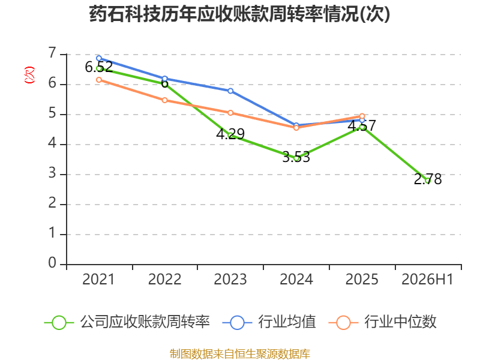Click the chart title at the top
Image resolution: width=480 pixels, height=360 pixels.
[x=239, y=14]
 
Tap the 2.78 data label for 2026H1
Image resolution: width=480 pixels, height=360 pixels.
[x=428, y=179]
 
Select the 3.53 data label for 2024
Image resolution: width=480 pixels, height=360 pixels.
[x=296, y=157]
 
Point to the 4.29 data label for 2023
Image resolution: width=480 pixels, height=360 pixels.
[x=230, y=134]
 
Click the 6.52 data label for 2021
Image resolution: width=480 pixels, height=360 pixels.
[x=99, y=67]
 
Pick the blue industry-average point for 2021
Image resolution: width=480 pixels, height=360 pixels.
[x=99, y=58]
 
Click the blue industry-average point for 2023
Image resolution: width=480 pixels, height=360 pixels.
[x=230, y=91]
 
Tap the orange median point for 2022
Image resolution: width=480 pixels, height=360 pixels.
[x=164, y=100]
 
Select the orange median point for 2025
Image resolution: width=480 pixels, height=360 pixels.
[x=362, y=116]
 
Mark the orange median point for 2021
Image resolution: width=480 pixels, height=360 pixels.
[x=99, y=80]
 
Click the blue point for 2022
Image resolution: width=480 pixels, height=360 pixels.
[x=164, y=79]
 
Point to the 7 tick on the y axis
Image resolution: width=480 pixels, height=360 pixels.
[x=52, y=53]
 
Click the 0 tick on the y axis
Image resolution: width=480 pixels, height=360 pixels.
[x=52, y=263]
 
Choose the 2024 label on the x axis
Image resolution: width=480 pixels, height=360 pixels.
[x=296, y=280]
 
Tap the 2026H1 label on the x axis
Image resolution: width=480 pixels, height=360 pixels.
[x=427, y=280]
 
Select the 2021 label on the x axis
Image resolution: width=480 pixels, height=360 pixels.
[x=98, y=280]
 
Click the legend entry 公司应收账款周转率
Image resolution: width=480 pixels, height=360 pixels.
[x=127, y=322]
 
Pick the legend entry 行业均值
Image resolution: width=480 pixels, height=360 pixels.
[x=269, y=322]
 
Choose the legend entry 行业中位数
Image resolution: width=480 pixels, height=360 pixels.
[x=382, y=322]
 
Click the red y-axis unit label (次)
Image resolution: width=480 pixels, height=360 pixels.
[x=29, y=75]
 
